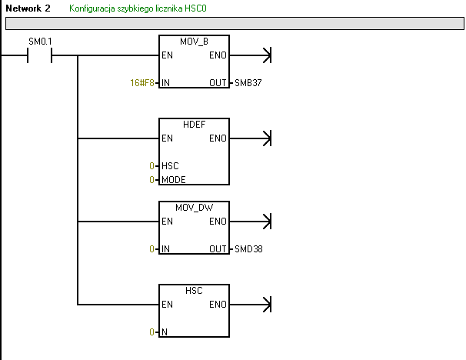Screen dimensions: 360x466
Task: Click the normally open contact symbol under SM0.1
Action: point(39,55)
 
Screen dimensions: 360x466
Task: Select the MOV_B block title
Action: point(194,42)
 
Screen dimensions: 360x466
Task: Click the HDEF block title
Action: point(194,125)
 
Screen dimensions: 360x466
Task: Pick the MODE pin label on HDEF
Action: point(174,179)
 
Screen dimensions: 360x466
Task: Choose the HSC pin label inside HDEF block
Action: point(170,166)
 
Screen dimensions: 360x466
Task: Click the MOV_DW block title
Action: point(194,208)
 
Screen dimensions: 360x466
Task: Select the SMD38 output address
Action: point(247,249)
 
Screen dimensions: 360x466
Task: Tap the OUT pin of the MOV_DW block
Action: point(218,249)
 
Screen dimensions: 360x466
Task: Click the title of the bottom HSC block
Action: point(194,291)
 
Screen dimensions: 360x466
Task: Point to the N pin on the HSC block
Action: point(165,332)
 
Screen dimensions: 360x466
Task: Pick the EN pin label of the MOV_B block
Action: point(167,55)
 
